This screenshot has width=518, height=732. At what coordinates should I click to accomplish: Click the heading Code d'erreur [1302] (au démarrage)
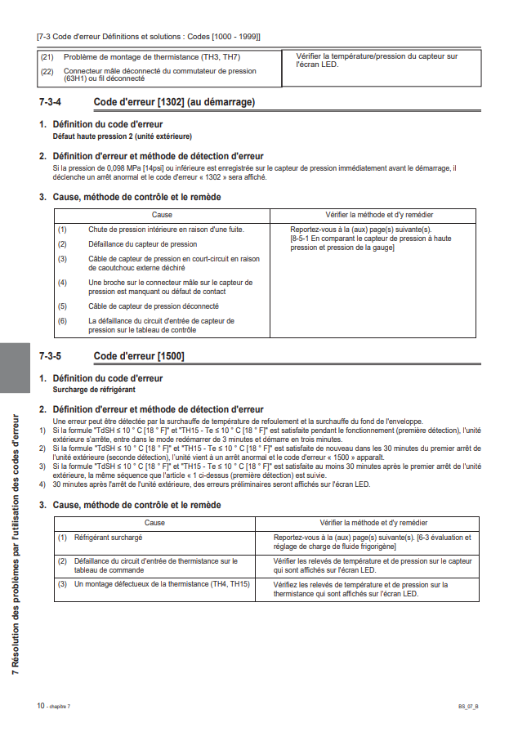click(x=174, y=102)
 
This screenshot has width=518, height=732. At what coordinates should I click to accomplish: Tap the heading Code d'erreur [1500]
click(x=139, y=356)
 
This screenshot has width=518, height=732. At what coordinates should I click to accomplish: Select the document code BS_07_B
click(x=468, y=706)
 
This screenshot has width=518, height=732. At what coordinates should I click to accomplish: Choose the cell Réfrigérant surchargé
click(x=108, y=538)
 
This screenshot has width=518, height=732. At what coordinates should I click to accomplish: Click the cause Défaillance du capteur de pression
click(x=142, y=243)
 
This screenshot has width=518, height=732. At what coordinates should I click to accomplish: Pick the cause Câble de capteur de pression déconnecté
click(x=154, y=306)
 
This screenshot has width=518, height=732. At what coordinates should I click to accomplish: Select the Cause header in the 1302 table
click(x=162, y=214)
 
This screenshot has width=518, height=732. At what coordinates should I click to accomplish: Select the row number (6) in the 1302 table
click(x=62, y=321)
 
